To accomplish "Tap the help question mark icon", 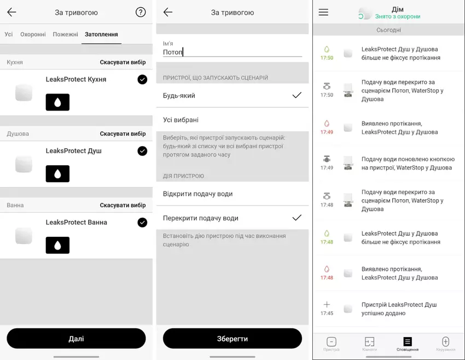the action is coord(141,12).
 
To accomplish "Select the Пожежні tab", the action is coord(65,34).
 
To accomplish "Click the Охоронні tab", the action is coord(33,34).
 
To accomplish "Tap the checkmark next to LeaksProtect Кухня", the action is coord(142,79).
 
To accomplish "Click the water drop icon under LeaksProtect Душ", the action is coord(57,174).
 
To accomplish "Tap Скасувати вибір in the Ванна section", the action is coord(123,205).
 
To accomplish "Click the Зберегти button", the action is coord(232,339).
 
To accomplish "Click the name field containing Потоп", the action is coord(232,52).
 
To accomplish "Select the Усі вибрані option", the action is coord(181,120).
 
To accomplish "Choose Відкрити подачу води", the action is coord(198,194).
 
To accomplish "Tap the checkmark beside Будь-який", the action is coord(297,95).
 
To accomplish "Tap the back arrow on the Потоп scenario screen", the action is coord(168,12).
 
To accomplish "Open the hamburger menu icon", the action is coord(323,12).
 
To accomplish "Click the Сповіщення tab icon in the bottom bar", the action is coord(408,341).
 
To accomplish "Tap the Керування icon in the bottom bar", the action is coord(445,341).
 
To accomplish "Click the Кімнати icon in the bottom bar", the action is coord(369,341).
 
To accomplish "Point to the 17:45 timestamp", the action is coord(327,313).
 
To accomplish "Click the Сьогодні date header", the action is coord(389,30).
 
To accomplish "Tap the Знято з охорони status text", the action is coord(398,16).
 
